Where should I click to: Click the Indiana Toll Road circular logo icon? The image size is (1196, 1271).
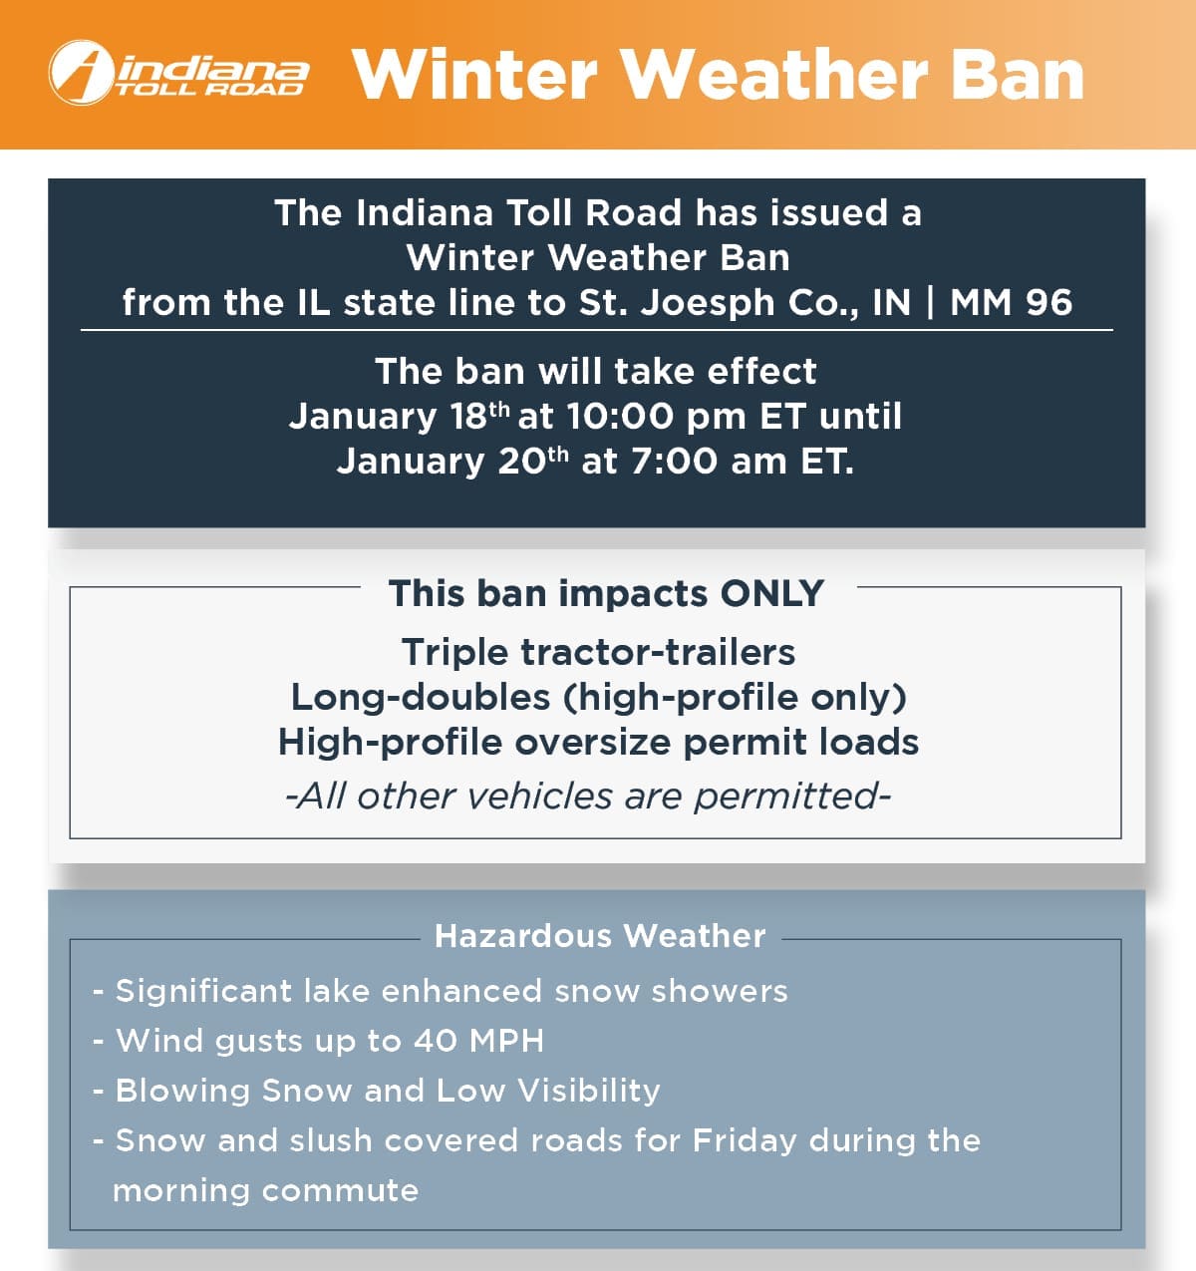[x=82, y=73]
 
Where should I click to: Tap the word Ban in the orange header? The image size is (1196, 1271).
[x=1018, y=75]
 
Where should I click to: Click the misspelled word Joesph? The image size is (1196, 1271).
[x=707, y=304]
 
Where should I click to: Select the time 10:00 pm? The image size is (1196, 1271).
[x=657, y=418]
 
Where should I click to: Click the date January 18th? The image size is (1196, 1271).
[x=400, y=418]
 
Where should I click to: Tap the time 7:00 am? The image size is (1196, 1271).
[x=709, y=461]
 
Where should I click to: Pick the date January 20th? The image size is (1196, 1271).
[x=453, y=462]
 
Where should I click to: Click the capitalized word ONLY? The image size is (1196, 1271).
[x=771, y=594]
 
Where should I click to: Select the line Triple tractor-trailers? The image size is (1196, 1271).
[x=598, y=653]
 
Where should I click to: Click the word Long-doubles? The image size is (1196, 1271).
[x=421, y=698]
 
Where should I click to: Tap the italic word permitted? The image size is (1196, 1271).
[x=792, y=797]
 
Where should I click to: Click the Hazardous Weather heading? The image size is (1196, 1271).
[x=600, y=936]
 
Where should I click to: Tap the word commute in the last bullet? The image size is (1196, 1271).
[x=341, y=1191]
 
